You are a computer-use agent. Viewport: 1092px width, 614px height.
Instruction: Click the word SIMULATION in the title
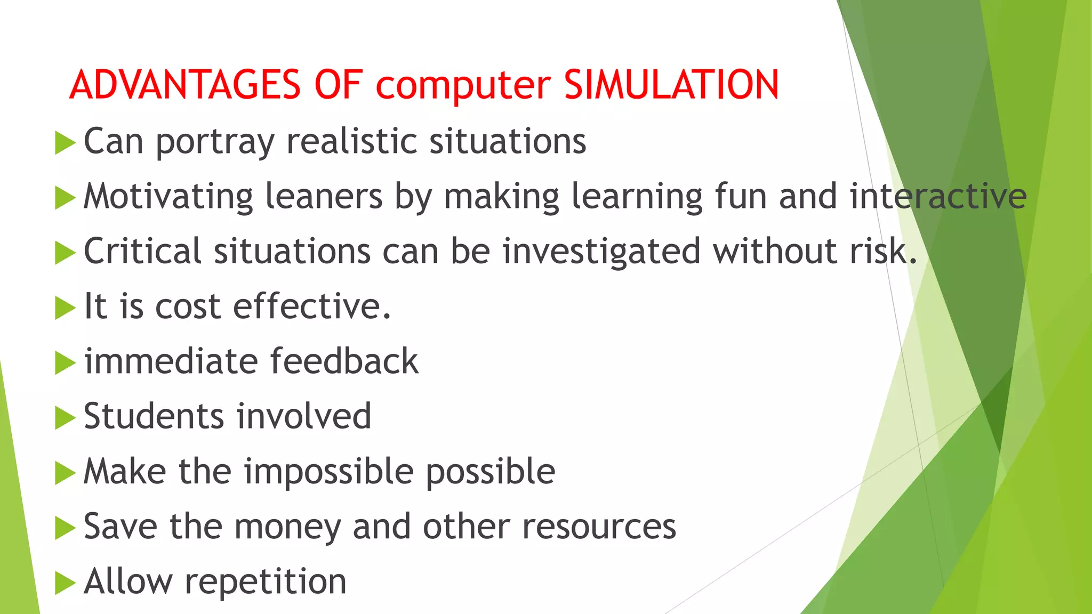(671, 85)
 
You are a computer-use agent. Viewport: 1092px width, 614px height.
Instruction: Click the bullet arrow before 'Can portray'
(65, 143)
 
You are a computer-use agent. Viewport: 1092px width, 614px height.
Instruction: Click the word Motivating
(168, 197)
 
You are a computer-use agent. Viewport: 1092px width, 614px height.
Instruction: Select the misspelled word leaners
(324, 196)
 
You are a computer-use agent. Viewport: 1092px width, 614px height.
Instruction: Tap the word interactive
(938, 196)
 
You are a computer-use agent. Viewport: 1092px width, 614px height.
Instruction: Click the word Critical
(142, 251)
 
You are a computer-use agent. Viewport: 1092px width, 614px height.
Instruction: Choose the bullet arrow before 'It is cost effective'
(65, 308)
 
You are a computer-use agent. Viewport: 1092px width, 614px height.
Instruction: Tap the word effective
(311, 306)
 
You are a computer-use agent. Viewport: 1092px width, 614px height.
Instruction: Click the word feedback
(344, 361)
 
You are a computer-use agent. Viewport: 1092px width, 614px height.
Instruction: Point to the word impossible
(328, 472)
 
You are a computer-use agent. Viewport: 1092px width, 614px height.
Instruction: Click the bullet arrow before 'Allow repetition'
(65, 583)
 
